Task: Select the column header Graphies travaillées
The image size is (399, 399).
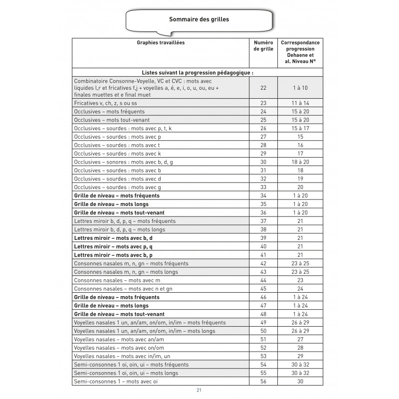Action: click(x=161, y=43)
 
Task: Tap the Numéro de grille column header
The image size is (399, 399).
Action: click(x=263, y=46)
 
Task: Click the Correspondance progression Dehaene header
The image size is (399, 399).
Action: click(x=300, y=52)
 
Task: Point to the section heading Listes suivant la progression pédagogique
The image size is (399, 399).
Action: click(x=198, y=72)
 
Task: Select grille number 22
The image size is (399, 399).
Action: click(x=263, y=87)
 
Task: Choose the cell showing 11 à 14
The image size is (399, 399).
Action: click(x=300, y=103)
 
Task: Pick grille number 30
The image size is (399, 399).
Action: click(x=263, y=162)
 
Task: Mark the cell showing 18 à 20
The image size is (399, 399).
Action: click(x=300, y=162)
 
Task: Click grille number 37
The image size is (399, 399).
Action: click(x=263, y=221)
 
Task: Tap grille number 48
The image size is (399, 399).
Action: click(x=263, y=314)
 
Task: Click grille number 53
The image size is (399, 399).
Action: click(x=263, y=356)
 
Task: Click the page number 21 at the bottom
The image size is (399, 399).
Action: click(x=199, y=390)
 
